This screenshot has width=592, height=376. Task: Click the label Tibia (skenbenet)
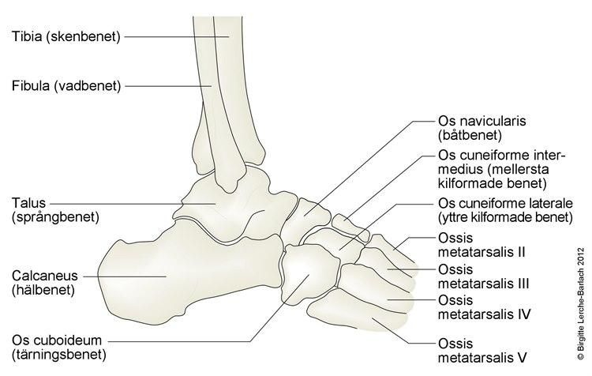click(x=66, y=37)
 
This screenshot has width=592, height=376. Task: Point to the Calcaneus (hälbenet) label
click(x=49, y=282)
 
